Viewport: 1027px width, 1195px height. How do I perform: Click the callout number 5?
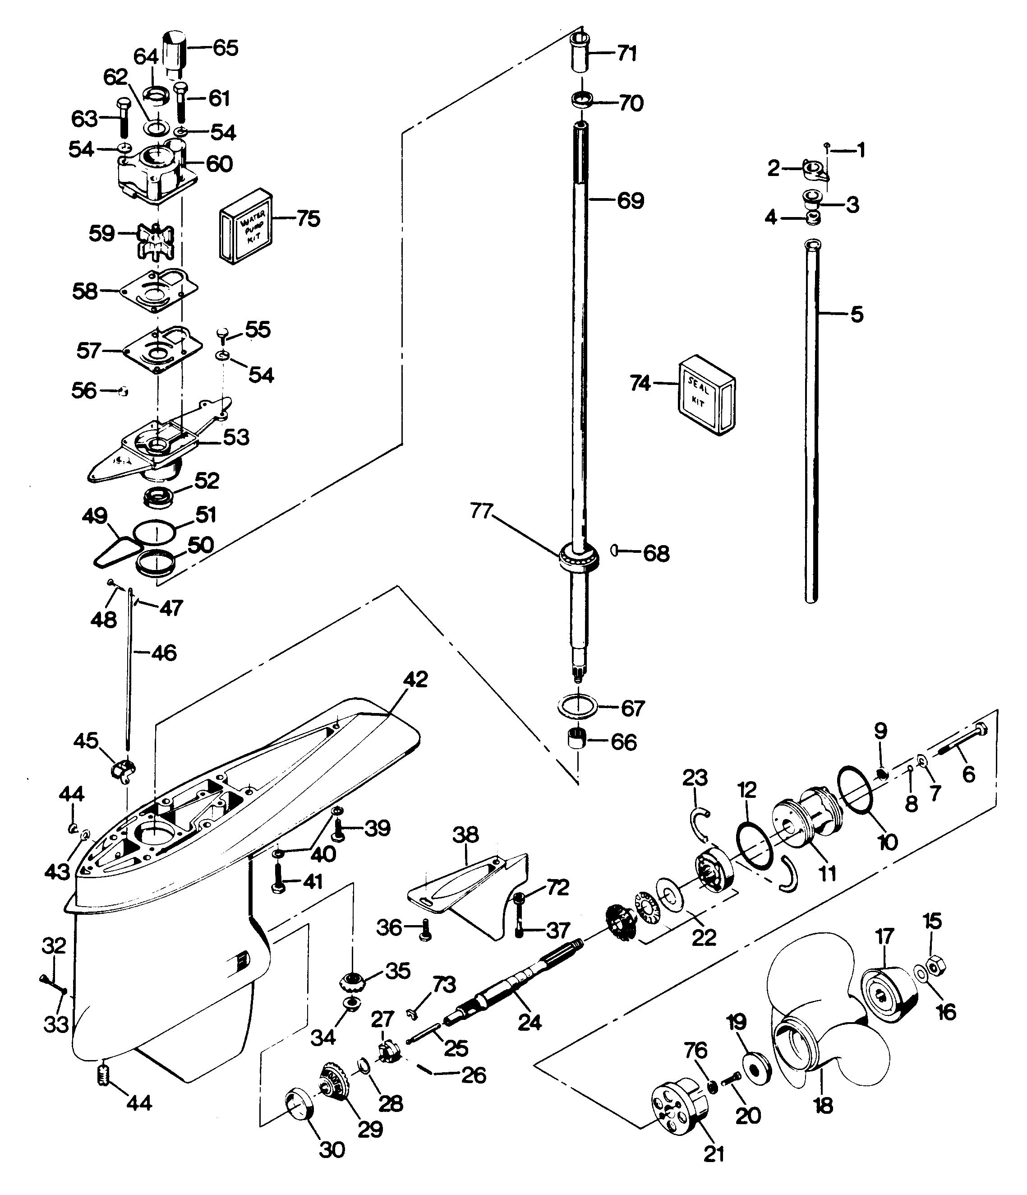click(857, 315)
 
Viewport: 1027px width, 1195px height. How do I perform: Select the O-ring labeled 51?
click(154, 531)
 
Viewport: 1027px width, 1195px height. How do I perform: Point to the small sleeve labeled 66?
click(579, 740)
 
